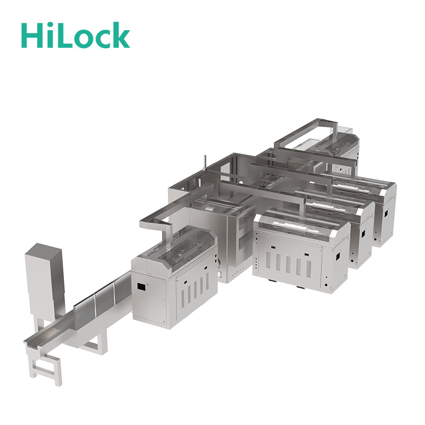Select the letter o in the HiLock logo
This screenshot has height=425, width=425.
(82, 39)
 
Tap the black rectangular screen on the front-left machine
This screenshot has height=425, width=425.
(141, 286)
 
